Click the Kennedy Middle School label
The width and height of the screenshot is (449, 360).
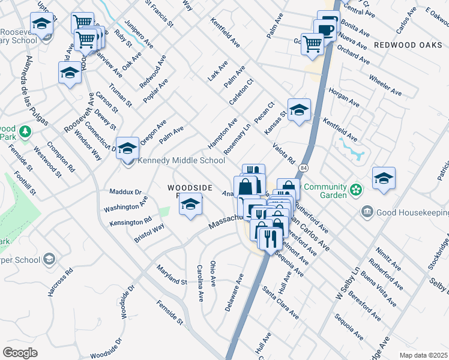[181, 160]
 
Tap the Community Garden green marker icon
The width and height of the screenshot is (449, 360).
[357, 191]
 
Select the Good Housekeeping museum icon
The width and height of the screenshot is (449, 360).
[366, 212]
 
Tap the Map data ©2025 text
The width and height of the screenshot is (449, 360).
[423, 355]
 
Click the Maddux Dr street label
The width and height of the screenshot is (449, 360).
[125, 192]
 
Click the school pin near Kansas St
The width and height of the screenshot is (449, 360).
[299, 110]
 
